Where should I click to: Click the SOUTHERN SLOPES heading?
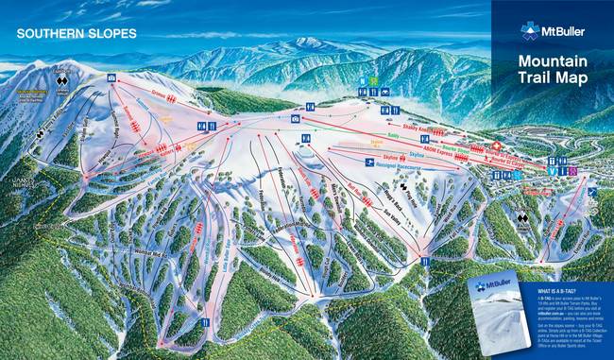pos(76,34)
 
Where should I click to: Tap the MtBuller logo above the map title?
pos(552,30)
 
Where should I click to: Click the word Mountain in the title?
pos(553,62)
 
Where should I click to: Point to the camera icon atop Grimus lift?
pos(112,77)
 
